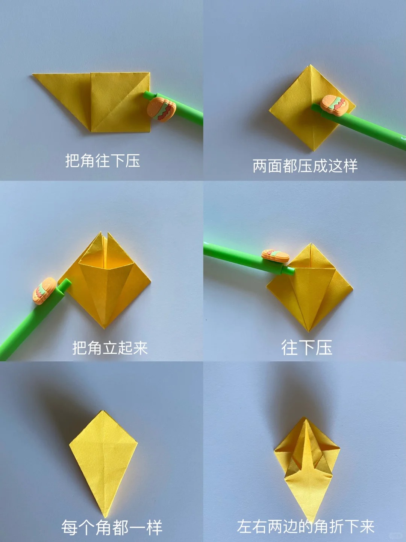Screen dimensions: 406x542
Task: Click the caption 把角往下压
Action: pos(103,160)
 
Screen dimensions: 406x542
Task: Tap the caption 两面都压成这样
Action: pos(305,166)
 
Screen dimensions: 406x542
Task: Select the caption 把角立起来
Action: pos(110,348)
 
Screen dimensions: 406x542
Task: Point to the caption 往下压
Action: pos(307,347)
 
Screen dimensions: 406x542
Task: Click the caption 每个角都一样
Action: pos(112,528)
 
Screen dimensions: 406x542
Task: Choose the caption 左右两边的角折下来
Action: pos(306,527)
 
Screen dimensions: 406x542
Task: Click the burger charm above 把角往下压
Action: pos(162,109)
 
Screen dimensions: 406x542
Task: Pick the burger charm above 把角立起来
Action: pos(44,291)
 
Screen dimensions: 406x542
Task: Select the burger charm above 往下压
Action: pos(275,255)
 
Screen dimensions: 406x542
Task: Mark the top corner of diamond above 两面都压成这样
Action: pos(311,65)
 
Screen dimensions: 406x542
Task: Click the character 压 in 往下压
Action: pos(324,347)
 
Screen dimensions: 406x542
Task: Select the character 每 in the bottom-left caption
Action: pos(70,528)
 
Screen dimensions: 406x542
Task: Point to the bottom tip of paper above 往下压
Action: pos(309,331)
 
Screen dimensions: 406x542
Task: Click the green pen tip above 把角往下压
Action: pos(147,94)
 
